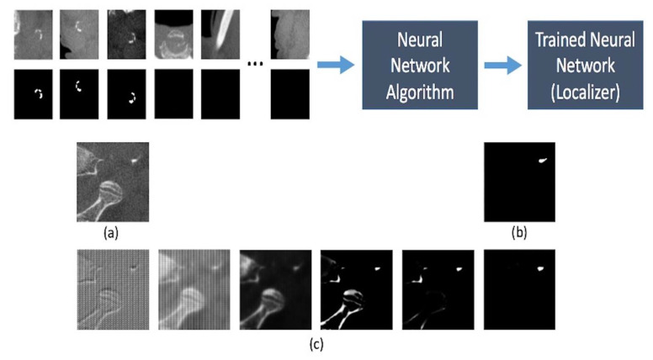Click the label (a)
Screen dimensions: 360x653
coord(110,233)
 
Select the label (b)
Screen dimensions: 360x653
coord(520,233)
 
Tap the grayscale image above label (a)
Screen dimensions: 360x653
coord(113,182)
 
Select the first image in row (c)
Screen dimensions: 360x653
coord(113,289)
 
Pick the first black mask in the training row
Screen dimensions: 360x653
coord(34,93)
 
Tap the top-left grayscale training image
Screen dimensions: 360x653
coord(34,33)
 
